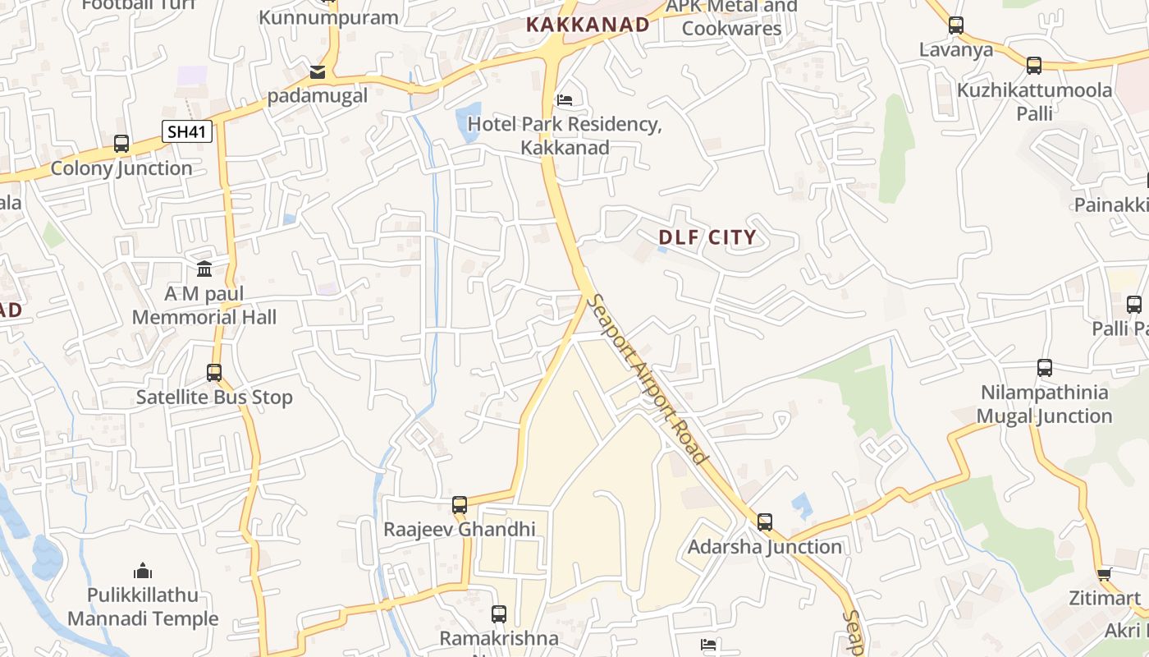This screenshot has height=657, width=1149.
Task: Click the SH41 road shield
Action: coord(187,131)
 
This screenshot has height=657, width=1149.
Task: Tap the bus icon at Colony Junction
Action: coord(121,144)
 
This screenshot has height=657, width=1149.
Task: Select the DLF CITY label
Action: coord(707,238)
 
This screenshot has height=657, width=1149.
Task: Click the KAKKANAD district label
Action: coord(588,25)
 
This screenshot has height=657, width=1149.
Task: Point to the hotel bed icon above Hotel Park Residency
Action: coord(565,100)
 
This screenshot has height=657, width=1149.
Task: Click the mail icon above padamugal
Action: coord(318,72)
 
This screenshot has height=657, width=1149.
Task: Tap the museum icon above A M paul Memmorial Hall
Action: coord(204,269)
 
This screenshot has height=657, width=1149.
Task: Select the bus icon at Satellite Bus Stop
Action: coord(214,373)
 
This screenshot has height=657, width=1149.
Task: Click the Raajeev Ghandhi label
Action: coord(460,529)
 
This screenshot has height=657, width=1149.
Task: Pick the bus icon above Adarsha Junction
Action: coord(765,521)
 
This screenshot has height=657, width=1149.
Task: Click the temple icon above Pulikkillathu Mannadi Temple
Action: coord(143,570)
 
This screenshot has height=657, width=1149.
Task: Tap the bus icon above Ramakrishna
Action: coord(498,613)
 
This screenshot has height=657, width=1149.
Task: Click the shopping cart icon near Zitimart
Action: coord(1105,574)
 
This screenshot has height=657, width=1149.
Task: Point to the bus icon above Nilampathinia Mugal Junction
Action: coord(1044,368)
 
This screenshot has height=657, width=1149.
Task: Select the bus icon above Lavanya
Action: coord(956,25)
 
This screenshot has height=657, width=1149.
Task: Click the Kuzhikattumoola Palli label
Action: coord(1035,101)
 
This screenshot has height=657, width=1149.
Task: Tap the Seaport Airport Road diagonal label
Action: coord(649,379)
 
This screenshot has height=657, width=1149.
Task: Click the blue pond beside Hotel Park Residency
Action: coord(469,120)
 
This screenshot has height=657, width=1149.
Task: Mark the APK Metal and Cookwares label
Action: coord(731,17)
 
